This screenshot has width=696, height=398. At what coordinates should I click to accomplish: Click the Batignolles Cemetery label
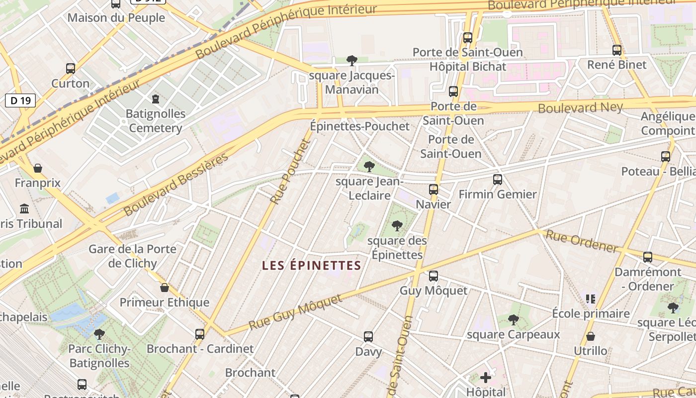[x=155, y=121]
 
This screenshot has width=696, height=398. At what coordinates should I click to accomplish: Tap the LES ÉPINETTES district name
[x=311, y=266]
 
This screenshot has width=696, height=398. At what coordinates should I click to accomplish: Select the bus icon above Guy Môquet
[x=434, y=276]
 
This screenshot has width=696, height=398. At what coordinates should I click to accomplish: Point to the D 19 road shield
[x=20, y=100]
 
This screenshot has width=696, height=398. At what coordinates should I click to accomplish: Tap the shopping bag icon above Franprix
[x=38, y=169]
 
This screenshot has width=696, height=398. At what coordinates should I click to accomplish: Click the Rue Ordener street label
[x=582, y=242]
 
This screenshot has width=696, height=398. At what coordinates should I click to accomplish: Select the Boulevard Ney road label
[x=580, y=107]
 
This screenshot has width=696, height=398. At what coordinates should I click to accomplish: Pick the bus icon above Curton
[x=71, y=69]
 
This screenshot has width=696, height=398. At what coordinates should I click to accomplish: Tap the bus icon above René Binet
[x=617, y=50]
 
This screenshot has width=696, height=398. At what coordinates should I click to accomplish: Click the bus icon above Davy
[x=368, y=337]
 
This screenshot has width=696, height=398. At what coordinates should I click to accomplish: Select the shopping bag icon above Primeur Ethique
[x=165, y=288]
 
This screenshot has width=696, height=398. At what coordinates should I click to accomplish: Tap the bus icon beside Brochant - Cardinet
[x=200, y=334]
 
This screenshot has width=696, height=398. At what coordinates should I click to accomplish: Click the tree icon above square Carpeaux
[x=514, y=320]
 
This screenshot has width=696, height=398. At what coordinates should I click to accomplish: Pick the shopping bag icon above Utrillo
[x=591, y=337]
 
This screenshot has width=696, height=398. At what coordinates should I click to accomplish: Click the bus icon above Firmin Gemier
[x=498, y=180]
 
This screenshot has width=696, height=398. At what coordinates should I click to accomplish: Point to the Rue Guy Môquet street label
[x=295, y=312]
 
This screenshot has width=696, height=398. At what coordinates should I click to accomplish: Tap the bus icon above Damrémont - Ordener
[x=648, y=257]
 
